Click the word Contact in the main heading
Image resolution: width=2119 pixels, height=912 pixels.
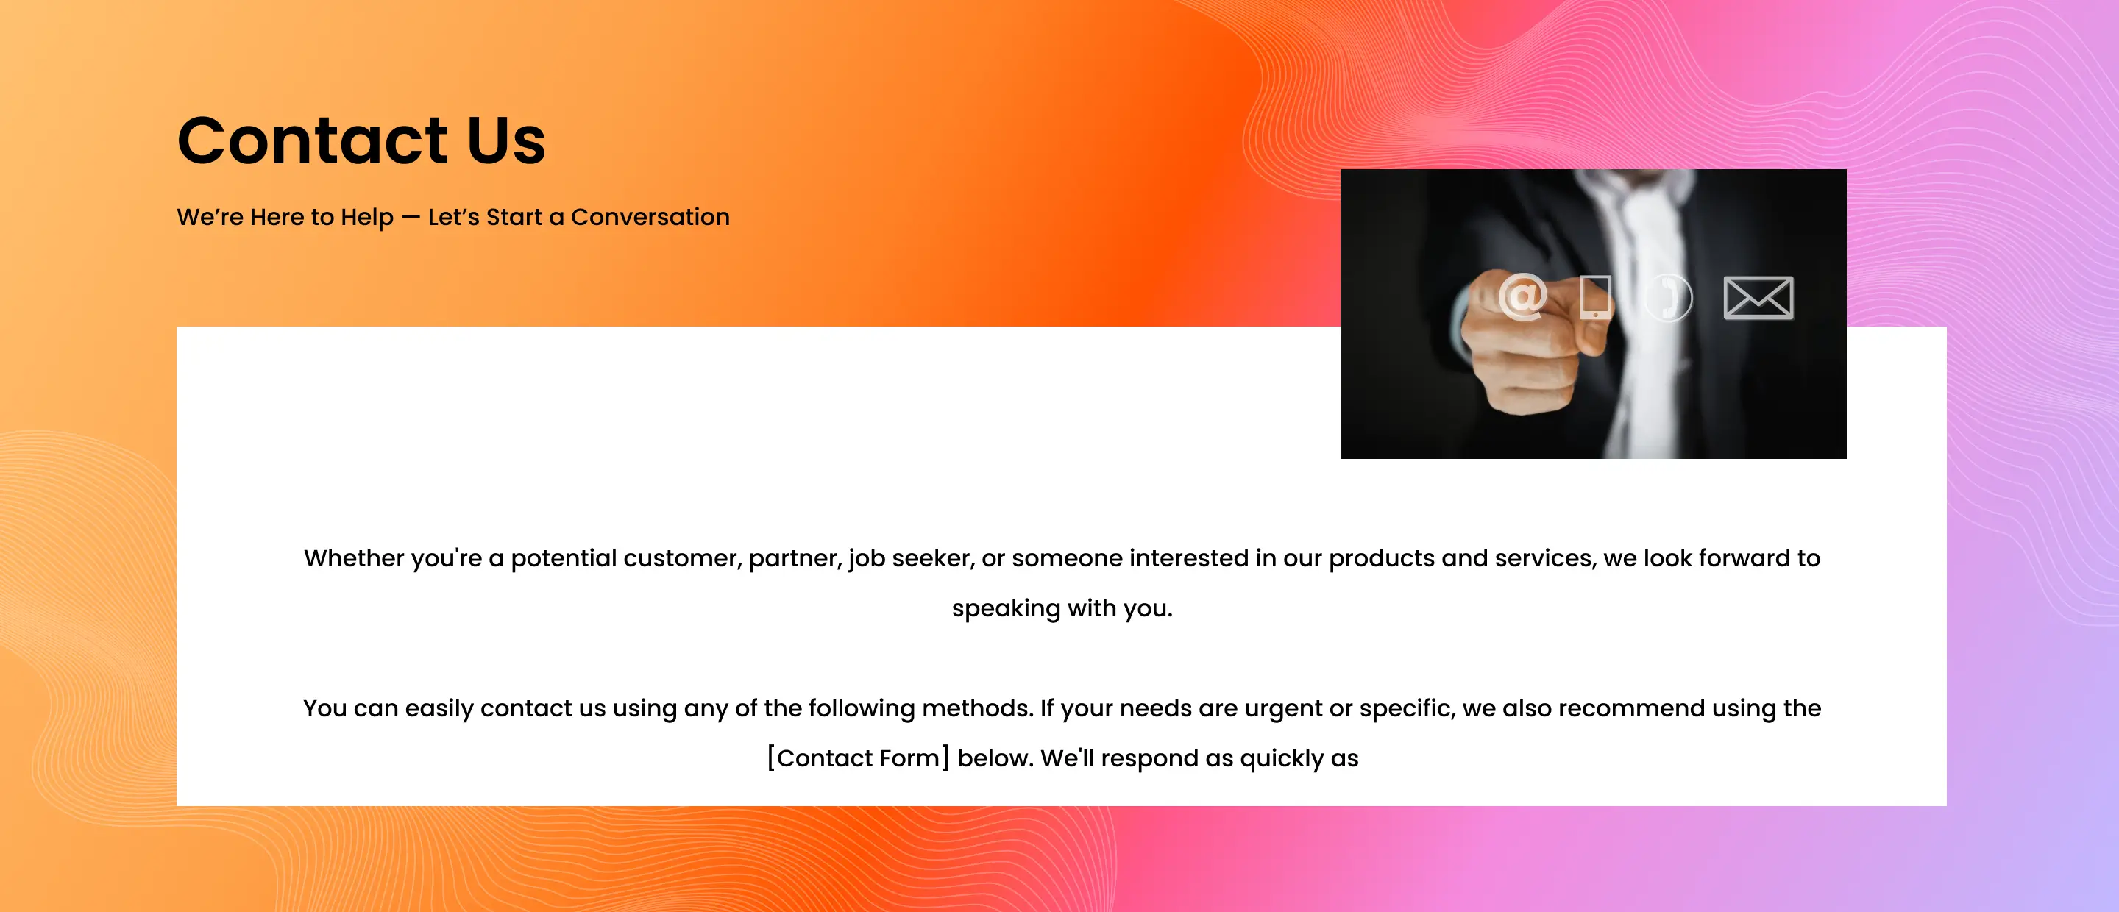313,140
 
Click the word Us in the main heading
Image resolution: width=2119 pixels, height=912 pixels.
506,140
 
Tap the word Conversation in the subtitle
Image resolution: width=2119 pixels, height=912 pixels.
650,217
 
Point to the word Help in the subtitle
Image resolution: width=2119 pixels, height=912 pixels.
367,218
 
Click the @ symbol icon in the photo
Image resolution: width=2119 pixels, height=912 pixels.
1522,296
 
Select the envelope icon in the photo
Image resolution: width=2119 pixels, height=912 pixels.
1758,298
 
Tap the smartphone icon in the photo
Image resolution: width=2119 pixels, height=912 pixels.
1595,297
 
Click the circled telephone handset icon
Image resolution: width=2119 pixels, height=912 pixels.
1668,298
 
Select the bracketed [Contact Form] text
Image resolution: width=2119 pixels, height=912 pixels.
858,758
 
